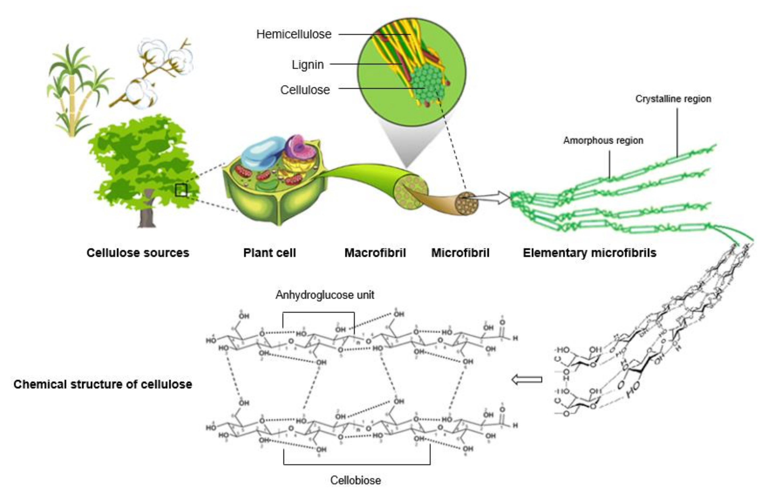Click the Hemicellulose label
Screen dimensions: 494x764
[x=293, y=34]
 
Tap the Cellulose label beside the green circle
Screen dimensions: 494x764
[x=305, y=90]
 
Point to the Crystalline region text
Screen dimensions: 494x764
[x=673, y=99]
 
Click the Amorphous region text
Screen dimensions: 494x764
[x=603, y=140]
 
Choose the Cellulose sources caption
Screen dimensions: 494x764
[x=138, y=253]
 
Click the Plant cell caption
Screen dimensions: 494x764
[x=269, y=253]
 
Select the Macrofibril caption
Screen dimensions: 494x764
[x=375, y=253]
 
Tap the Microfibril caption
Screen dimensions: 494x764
[x=460, y=253]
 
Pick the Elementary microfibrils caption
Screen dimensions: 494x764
[x=589, y=253]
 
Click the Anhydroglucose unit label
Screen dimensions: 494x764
[x=324, y=295]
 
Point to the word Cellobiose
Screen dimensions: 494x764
[x=355, y=480]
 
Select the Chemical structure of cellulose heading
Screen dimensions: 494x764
[x=103, y=384]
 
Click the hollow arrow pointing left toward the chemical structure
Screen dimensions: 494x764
[x=527, y=380]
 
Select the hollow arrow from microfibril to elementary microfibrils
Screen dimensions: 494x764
[x=491, y=198]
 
